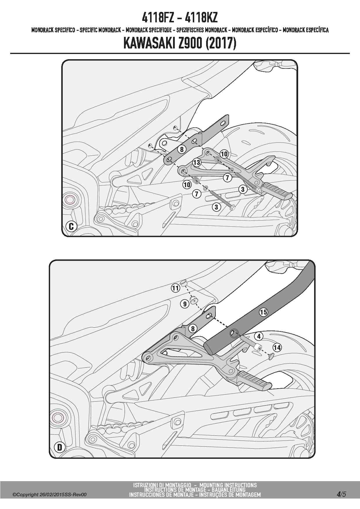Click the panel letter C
(71, 226)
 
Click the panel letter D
(60, 447)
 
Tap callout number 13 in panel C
(197, 162)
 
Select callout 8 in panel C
(182, 149)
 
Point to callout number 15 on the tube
(263, 312)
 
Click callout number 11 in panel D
(175, 288)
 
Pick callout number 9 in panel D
(185, 304)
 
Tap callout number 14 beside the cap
(277, 347)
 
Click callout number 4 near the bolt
(259, 336)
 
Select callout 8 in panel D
(192, 328)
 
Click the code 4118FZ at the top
(158, 18)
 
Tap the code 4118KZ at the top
(201, 18)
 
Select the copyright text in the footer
(49, 494)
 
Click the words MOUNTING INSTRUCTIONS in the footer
(228, 485)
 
